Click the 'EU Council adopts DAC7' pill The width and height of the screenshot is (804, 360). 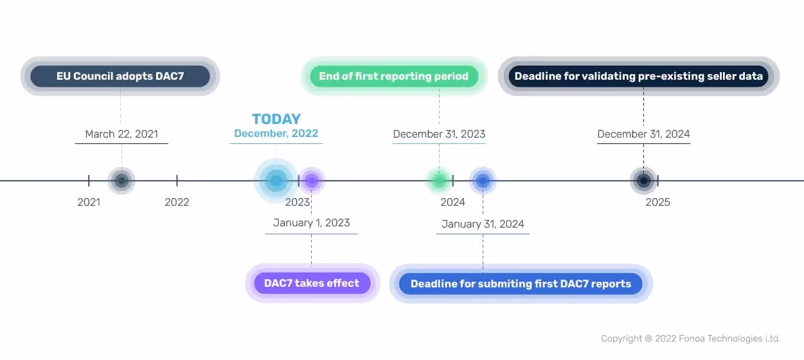pos(120,76)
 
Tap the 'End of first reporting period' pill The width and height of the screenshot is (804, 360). pos(394,76)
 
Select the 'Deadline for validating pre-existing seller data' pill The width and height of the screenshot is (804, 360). pos(639,76)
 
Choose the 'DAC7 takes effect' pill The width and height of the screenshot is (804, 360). pos(312,283)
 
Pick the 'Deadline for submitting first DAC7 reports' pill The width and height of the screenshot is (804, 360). pos(521,283)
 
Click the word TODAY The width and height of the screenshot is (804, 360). pos(276,119)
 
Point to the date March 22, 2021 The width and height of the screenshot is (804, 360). pos(121,134)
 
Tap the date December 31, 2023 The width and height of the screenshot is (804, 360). pos(439,134)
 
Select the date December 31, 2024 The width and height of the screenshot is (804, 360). pos(643,134)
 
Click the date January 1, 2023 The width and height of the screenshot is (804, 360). pos(311,223)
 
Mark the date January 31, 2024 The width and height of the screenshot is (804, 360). pos(483,224)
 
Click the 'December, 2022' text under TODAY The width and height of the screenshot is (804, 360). pos(276,134)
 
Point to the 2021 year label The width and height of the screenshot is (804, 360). pos(89,203)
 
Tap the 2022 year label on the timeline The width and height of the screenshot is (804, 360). pos(177,203)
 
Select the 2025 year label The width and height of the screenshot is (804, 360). pos(657,203)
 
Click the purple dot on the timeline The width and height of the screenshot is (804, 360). pos(312,181)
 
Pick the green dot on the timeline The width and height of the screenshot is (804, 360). pos(439,181)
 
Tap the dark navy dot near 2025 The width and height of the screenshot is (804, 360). pos(643,181)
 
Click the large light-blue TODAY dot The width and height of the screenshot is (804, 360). pos(276,181)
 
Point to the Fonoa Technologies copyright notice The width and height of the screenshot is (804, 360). pos(690,338)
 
